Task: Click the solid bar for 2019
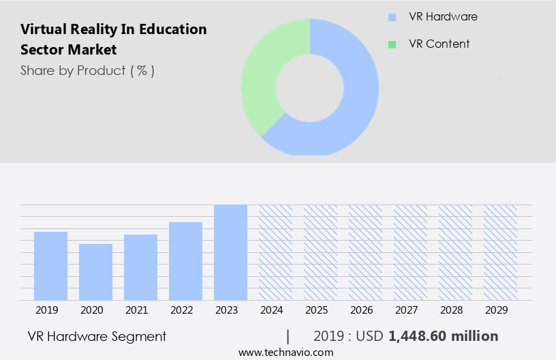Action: (x=51, y=266)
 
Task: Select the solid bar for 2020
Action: (x=96, y=272)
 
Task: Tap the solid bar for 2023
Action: (x=230, y=252)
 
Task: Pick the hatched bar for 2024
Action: (x=275, y=252)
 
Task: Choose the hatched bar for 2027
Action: (x=410, y=252)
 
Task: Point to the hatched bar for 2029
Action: (x=500, y=252)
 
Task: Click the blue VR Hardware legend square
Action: (x=392, y=17)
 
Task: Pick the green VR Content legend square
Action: (x=392, y=44)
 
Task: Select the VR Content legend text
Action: (x=439, y=44)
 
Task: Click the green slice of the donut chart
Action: (x=262, y=75)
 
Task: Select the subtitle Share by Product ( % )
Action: (x=87, y=70)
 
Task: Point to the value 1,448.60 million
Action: (x=443, y=336)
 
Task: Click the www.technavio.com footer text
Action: (x=286, y=352)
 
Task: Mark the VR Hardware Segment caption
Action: (x=97, y=336)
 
